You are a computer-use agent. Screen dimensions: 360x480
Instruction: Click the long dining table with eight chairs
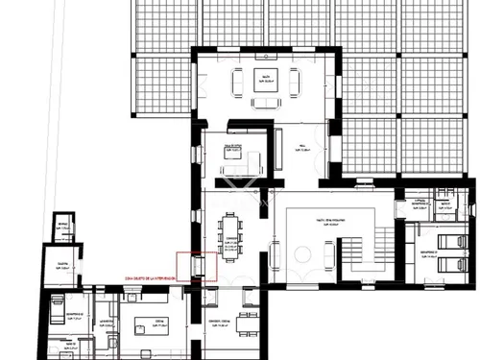click(231, 236)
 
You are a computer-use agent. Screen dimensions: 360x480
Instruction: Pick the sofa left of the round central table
click(276, 255)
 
